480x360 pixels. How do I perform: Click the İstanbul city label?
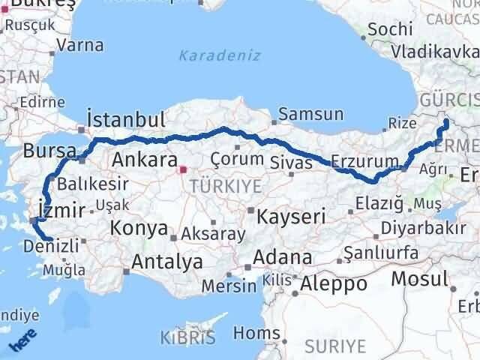[125, 120]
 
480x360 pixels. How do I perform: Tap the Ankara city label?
[139, 159]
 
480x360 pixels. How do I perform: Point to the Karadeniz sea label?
[220, 55]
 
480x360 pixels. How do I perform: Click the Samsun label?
[310, 115]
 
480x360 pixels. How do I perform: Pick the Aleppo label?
[334, 284]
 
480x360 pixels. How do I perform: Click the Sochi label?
[390, 29]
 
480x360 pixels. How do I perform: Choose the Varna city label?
[79, 44]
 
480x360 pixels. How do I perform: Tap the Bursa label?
[45, 151]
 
